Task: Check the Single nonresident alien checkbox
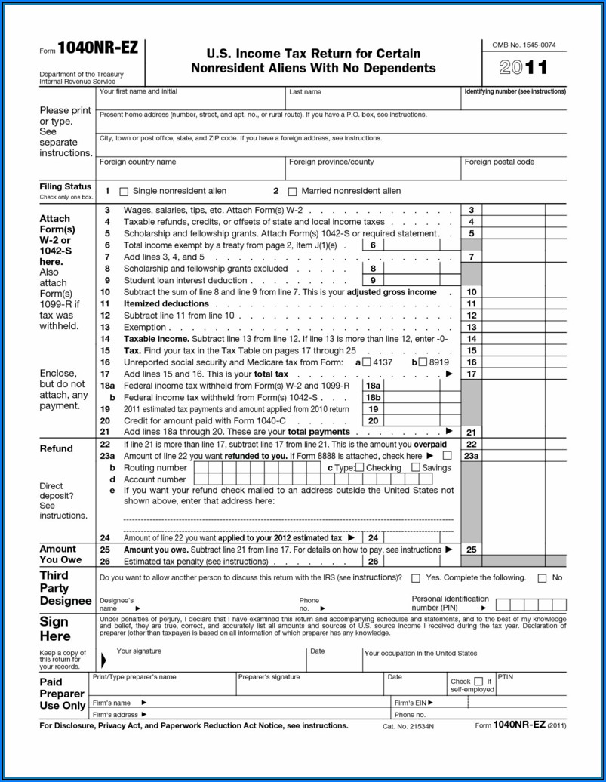coord(125,192)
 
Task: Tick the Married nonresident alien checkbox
coord(294,192)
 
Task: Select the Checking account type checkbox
coord(359,467)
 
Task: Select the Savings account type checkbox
coord(416,467)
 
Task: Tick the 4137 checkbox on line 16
coord(367,362)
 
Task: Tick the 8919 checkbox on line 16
coord(423,362)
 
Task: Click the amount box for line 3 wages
coord(524,210)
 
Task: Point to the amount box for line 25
coord(524,550)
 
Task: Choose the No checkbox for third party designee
coord(542,578)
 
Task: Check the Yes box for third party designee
coord(416,578)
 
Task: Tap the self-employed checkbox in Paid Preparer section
coord(478,681)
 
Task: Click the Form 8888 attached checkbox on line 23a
coord(448,456)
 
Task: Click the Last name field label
coord(305,92)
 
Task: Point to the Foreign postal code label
coord(499,162)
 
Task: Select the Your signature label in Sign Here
coord(139,651)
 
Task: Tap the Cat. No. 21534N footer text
coord(408,726)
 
